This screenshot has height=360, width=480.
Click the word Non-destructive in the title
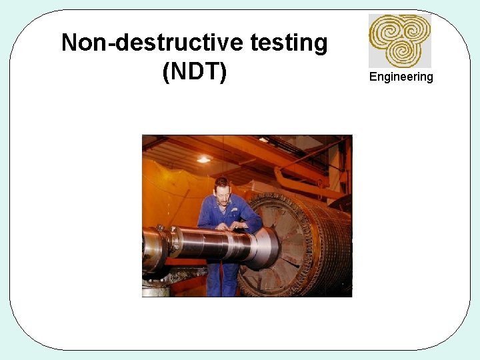153,43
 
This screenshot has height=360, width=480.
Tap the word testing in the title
289,43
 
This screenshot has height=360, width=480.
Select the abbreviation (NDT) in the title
195,71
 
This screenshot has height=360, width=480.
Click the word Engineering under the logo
401,77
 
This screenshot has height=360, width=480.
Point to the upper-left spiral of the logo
387,30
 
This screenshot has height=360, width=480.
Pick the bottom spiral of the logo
402,51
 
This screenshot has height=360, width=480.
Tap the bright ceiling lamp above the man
203,159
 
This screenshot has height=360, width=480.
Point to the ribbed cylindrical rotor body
327,240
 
